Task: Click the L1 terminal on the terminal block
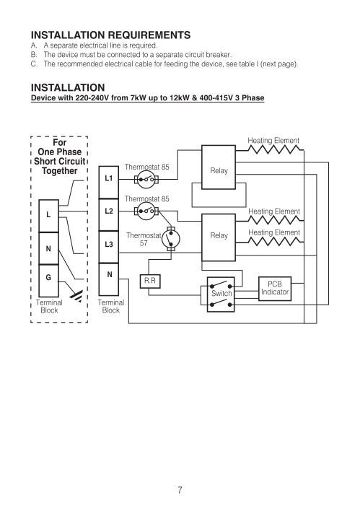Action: (108, 182)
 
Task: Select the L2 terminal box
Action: (108, 215)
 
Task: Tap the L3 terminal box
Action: (108, 247)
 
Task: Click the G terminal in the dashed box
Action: (48, 281)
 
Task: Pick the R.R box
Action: (150, 281)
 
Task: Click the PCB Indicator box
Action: (275, 289)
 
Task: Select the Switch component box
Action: (221, 294)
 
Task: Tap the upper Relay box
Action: (219, 167)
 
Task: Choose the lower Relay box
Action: (219, 237)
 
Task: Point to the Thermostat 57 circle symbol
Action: (171, 239)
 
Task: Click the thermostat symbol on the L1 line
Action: (146, 179)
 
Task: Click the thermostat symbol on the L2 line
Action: (146, 211)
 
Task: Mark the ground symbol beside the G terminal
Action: (76, 296)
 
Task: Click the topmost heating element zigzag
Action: (273, 149)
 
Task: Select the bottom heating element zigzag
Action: (273, 242)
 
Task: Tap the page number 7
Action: (180, 490)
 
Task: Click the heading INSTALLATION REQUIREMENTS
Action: (111, 35)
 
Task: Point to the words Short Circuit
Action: (60, 162)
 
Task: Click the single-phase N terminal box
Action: (48, 248)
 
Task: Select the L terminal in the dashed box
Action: (48, 216)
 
